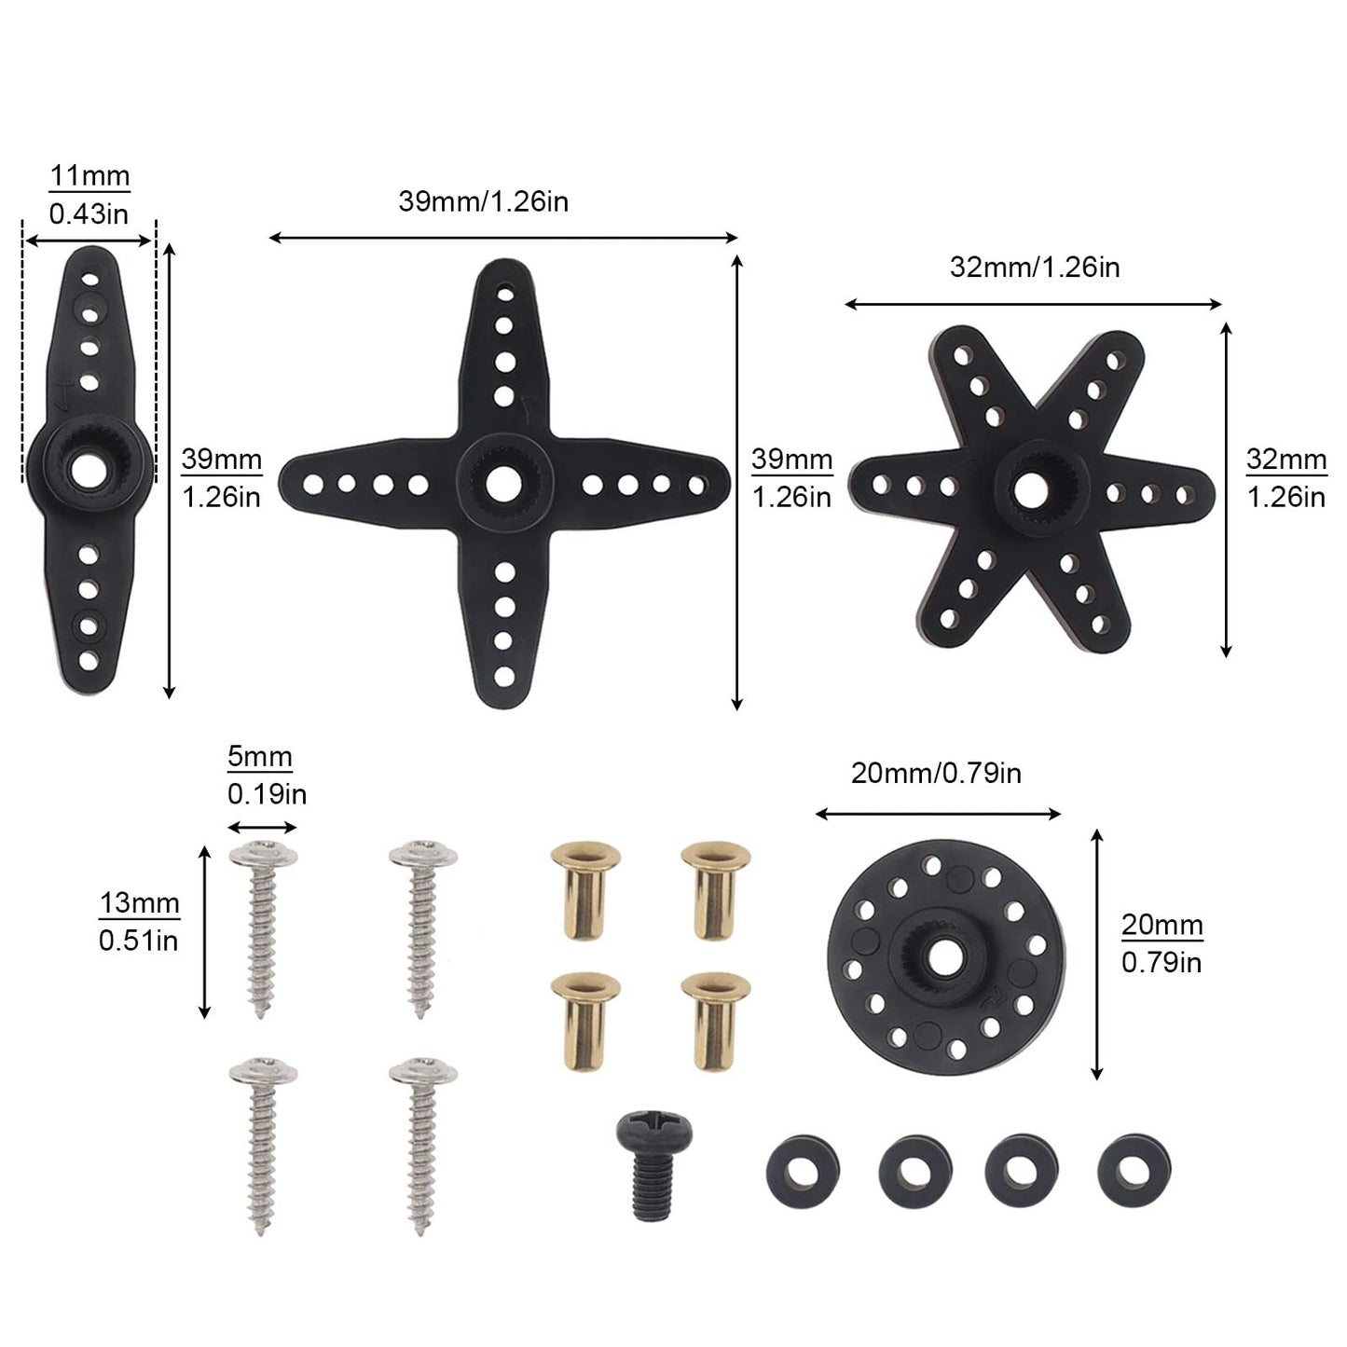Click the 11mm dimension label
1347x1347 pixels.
tap(89, 175)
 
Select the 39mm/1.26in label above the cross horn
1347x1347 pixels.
tap(483, 201)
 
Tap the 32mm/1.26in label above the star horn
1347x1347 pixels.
tap(1035, 267)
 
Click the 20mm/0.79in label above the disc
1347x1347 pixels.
tap(936, 773)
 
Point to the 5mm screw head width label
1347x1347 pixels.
tap(260, 757)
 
